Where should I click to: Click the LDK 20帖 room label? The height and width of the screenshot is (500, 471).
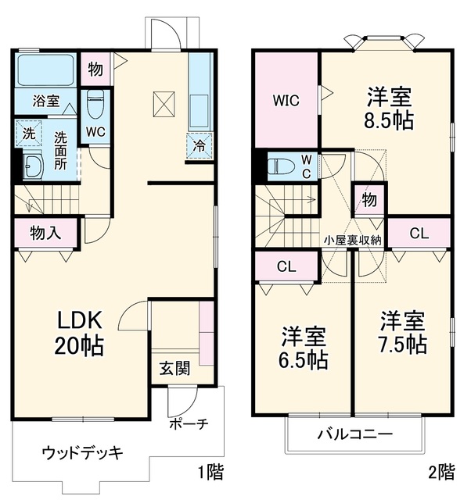(x=79, y=332)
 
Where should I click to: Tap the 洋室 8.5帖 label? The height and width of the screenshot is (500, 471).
(x=389, y=108)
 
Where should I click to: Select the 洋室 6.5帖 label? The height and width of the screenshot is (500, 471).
(x=304, y=348)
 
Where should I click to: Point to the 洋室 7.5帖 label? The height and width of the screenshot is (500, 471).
(x=402, y=332)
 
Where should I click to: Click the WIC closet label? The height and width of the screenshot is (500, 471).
(x=286, y=101)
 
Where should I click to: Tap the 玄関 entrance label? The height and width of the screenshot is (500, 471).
(x=174, y=368)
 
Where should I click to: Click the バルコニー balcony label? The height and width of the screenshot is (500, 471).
(x=354, y=434)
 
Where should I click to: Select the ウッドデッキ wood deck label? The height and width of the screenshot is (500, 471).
(x=83, y=453)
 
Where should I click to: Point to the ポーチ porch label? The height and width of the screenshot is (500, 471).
(x=189, y=423)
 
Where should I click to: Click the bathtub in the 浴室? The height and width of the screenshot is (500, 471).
(x=45, y=70)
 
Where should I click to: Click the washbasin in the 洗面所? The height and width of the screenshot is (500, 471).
(x=34, y=166)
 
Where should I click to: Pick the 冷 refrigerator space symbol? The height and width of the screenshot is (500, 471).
(x=200, y=146)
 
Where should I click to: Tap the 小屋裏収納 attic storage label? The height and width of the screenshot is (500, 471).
(x=353, y=241)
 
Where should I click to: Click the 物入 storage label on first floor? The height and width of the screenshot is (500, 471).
(x=45, y=233)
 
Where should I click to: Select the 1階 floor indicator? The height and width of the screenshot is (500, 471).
(x=210, y=472)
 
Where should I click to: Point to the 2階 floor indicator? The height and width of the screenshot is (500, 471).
(x=441, y=472)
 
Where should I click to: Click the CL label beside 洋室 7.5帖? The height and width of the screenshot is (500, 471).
(x=419, y=234)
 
